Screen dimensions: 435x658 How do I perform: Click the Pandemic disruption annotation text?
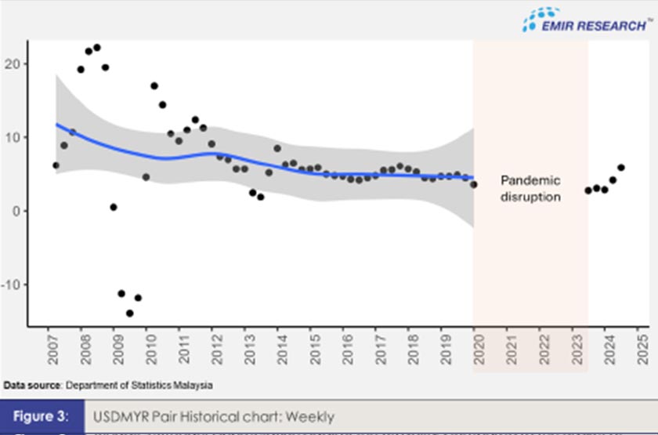point(530,189)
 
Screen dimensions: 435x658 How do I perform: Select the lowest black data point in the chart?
point(130,313)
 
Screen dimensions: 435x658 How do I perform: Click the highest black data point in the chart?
point(97,48)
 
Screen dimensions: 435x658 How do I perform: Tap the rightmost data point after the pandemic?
point(621,167)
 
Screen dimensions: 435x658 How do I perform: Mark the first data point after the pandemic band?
point(588,190)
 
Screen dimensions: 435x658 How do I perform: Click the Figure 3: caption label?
point(43,416)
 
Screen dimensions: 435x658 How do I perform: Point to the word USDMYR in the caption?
point(119,416)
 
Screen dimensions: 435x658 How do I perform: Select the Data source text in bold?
point(32,386)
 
